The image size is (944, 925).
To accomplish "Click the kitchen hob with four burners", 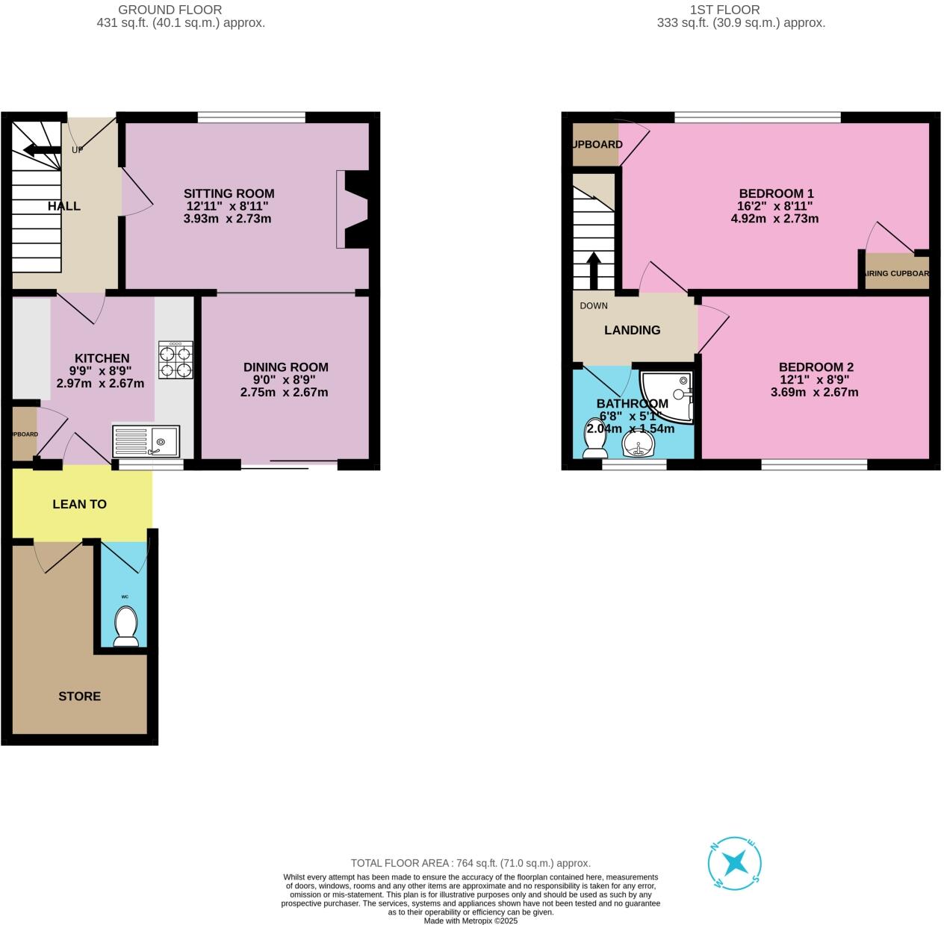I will click(x=176, y=361).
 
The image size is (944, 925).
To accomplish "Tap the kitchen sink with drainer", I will click(x=146, y=440).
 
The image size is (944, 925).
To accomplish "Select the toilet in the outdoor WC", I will click(x=125, y=626).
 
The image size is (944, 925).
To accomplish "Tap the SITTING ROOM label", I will click(x=229, y=193).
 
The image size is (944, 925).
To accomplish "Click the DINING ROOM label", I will click(x=285, y=367).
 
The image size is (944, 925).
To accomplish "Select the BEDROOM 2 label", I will click(x=816, y=367).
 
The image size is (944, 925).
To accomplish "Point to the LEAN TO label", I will click(x=79, y=504).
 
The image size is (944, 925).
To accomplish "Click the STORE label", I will click(x=79, y=696).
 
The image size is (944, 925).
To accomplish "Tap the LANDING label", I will click(x=632, y=330).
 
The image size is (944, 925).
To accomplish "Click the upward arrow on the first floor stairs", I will click(x=594, y=270).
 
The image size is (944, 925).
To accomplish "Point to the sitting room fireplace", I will click(x=353, y=210).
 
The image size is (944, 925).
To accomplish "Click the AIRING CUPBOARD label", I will click(x=896, y=273).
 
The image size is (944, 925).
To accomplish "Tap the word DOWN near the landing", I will click(x=594, y=305).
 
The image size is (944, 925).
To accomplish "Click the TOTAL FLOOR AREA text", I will click(x=471, y=863).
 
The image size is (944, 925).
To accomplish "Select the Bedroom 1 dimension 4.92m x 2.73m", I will click(x=774, y=219).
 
